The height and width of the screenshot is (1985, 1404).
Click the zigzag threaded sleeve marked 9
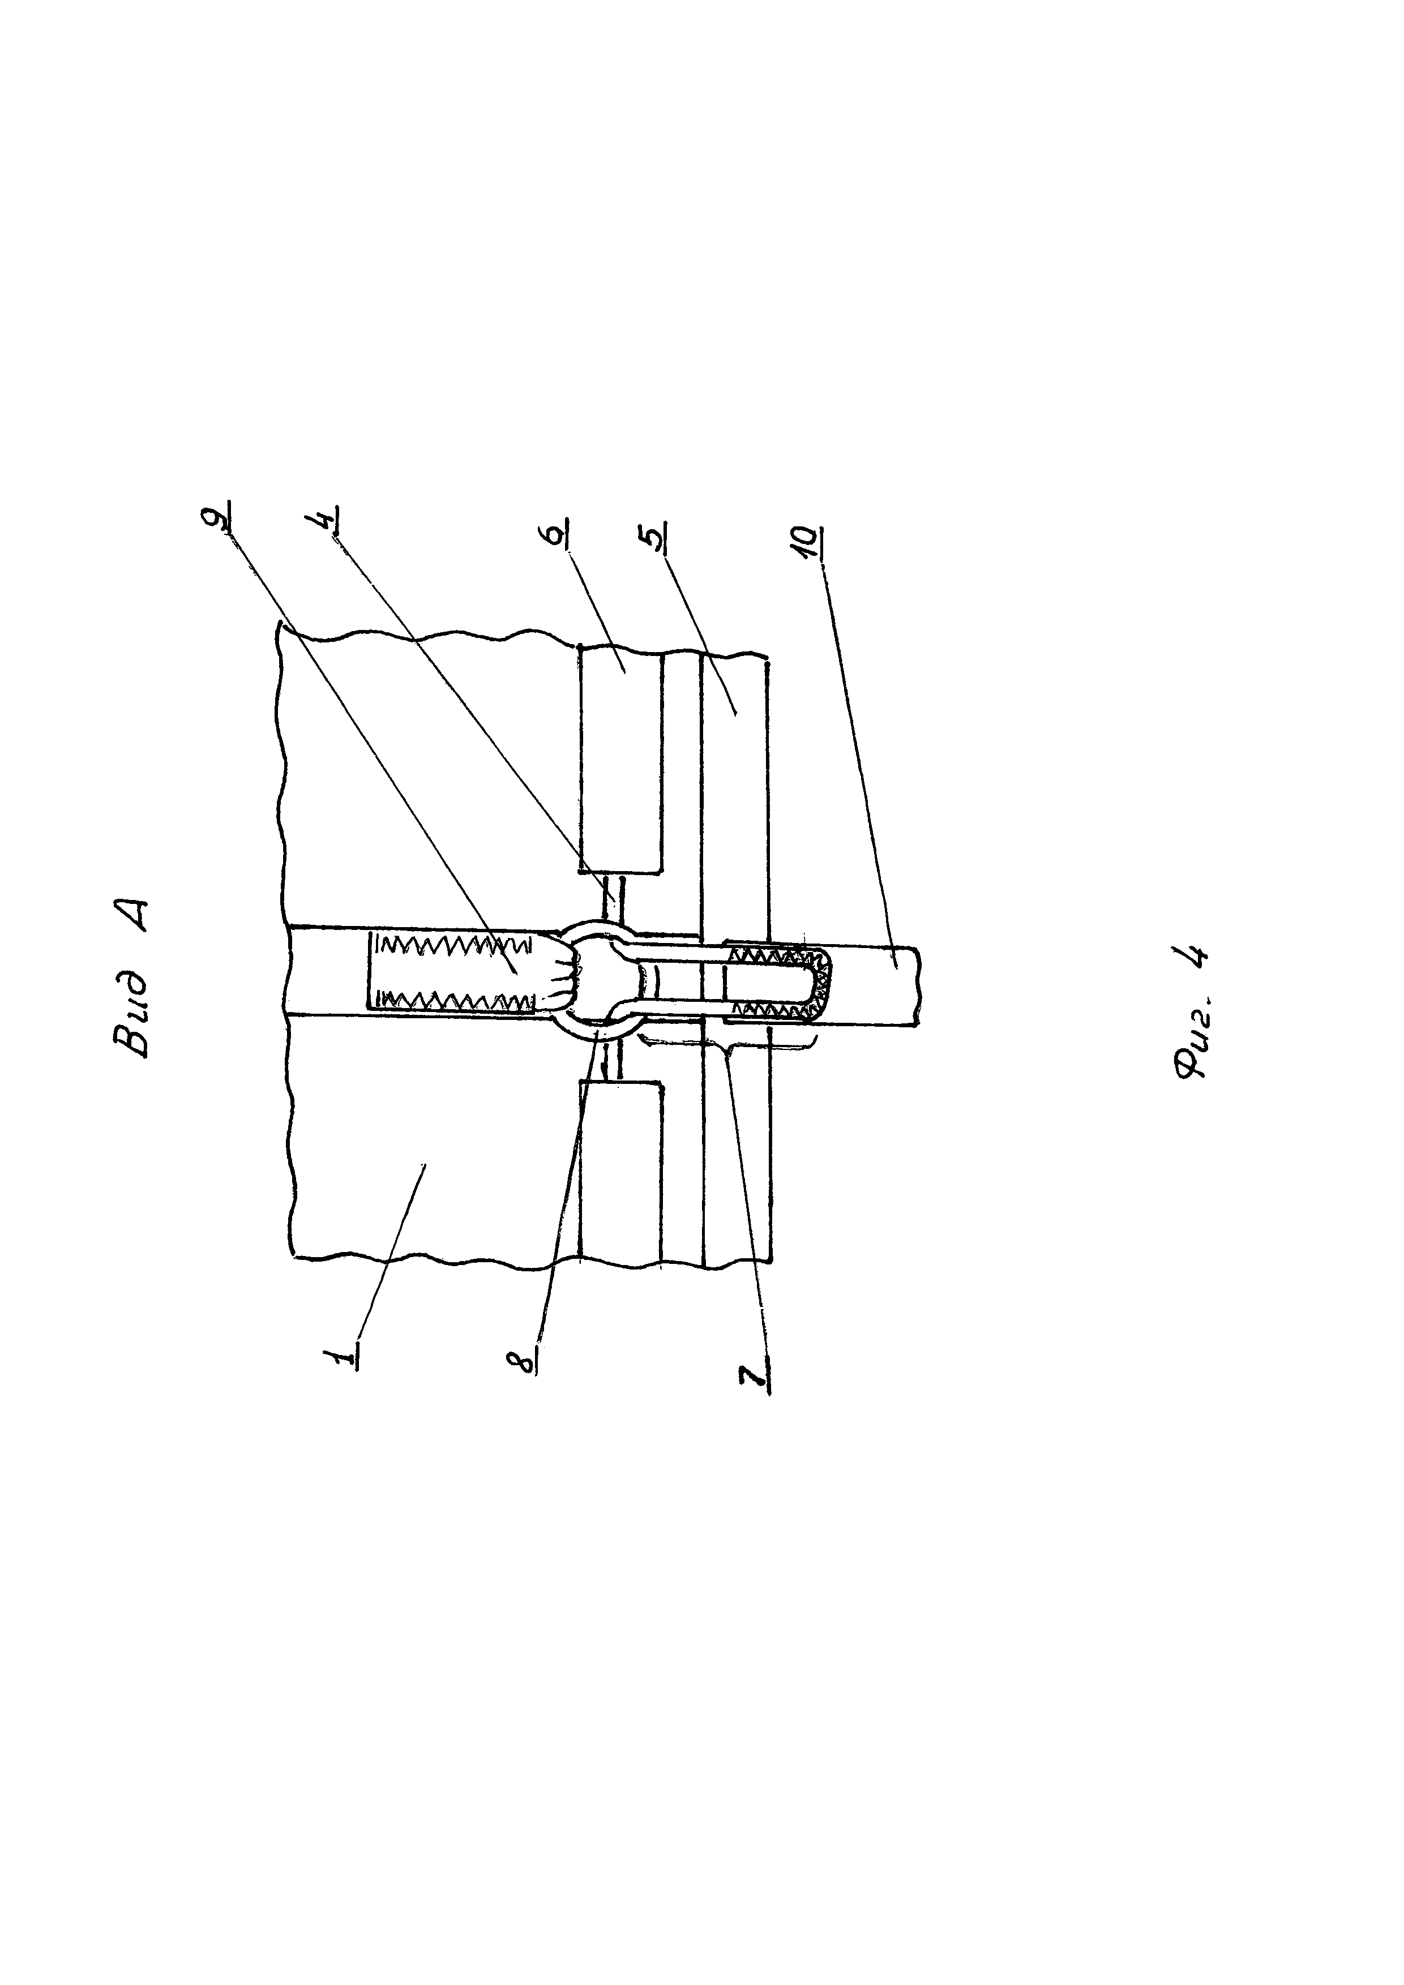(x=454, y=971)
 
